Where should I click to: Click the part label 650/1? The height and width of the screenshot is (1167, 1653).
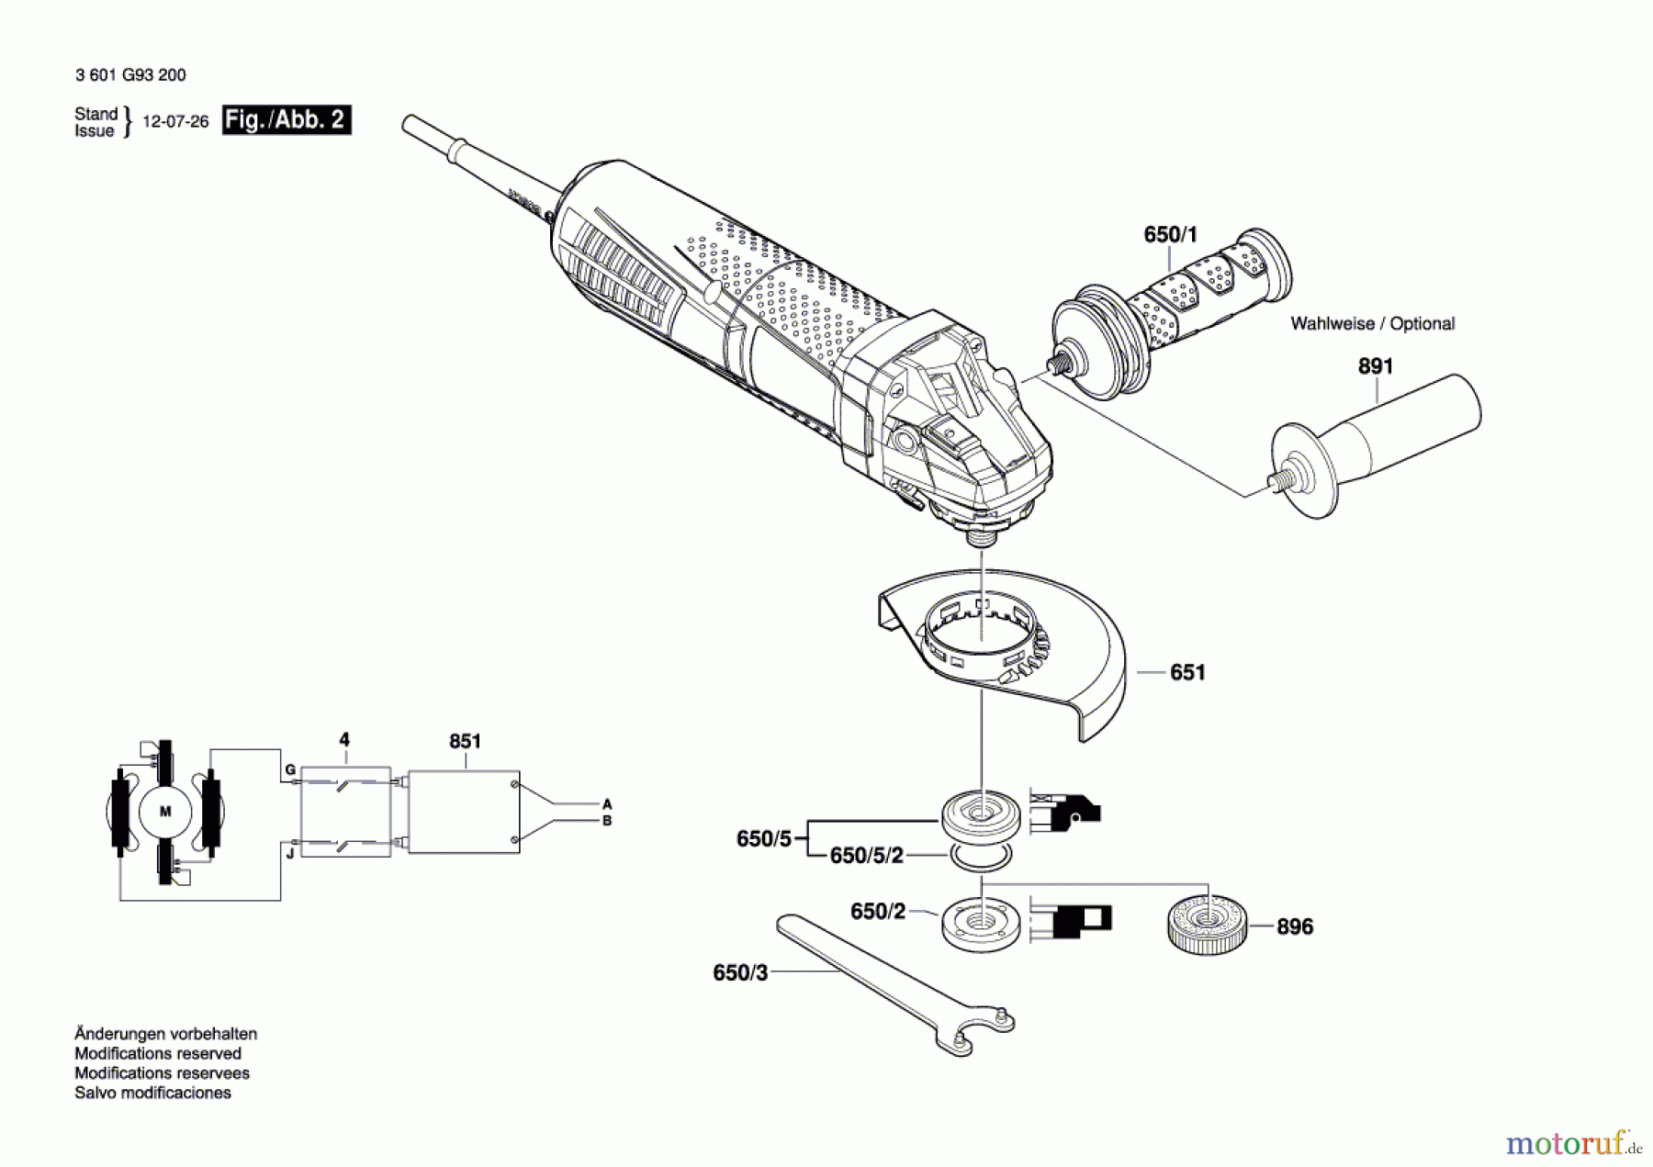click(1170, 235)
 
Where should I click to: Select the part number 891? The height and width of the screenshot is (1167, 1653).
click(1375, 366)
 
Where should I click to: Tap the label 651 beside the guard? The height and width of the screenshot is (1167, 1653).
click(1186, 673)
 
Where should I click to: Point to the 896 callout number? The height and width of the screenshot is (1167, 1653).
click(1294, 927)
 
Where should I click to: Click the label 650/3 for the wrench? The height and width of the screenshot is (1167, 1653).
click(739, 973)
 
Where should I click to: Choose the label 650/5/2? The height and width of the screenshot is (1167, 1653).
click(866, 856)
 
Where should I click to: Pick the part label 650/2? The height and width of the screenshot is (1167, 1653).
click(877, 912)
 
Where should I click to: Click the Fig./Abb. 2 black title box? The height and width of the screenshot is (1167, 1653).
click(287, 120)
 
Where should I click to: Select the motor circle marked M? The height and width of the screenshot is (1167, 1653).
click(165, 812)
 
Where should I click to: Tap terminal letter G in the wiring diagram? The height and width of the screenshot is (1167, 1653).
click(289, 769)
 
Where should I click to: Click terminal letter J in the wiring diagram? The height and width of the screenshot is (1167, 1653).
click(289, 854)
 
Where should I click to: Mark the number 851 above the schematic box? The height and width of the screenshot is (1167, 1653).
click(465, 741)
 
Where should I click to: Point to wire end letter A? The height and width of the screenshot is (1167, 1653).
click(606, 804)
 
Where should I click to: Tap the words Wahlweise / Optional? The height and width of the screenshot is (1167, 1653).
click(1372, 324)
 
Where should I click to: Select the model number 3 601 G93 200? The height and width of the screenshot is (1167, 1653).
click(130, 75)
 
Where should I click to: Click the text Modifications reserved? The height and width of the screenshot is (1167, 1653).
click(158, 1054)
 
